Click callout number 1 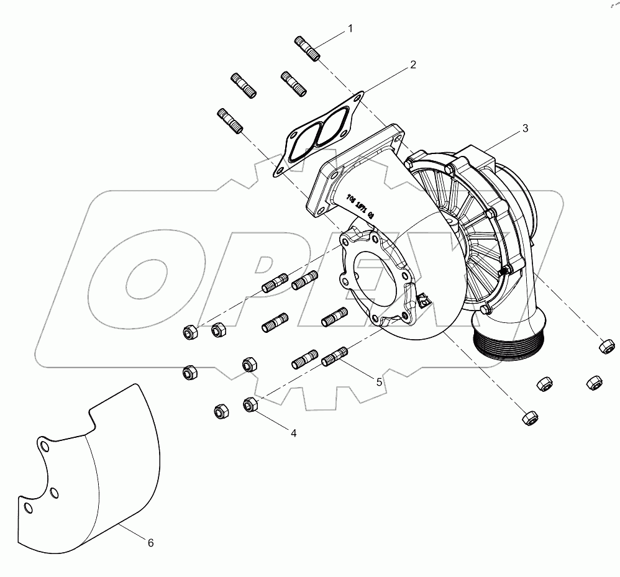tap(350, 29)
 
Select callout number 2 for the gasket tap(413, 65)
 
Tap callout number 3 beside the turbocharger tap(525, 129)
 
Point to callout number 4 tap(293, 433)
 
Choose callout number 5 tap(379, 383)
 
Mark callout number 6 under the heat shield tap(150, 542)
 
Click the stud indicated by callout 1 tap(306, 48)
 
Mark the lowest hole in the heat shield tap(27, 507)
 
